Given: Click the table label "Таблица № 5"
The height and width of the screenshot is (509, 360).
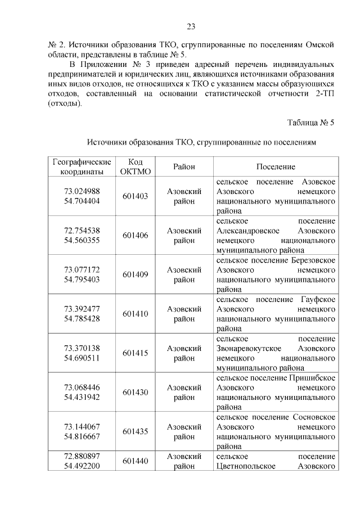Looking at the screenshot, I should (310, 123).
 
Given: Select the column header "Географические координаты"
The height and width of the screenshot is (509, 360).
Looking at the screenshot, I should (82, 167).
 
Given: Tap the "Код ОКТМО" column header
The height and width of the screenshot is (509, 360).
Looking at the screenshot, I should (135, 167).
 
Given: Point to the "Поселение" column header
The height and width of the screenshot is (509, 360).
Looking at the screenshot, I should (276, 168).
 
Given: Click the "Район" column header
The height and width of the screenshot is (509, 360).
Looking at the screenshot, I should (184, 168).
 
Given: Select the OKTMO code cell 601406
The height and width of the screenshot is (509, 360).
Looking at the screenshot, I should (135, 235).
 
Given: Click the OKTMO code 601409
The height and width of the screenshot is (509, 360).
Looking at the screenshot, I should (135, 274).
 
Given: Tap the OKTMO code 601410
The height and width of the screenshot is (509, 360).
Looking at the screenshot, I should (135, 314).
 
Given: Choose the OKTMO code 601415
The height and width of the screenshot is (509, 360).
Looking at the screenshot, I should (135, 353).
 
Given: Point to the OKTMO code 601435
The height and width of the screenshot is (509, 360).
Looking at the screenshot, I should (135, 431).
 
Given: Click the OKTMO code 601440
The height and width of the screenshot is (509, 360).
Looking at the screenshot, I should (135, 461).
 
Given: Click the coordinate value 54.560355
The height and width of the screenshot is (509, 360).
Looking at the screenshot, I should (82, 240).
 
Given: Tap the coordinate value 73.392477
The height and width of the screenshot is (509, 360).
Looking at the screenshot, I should (82, 309).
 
